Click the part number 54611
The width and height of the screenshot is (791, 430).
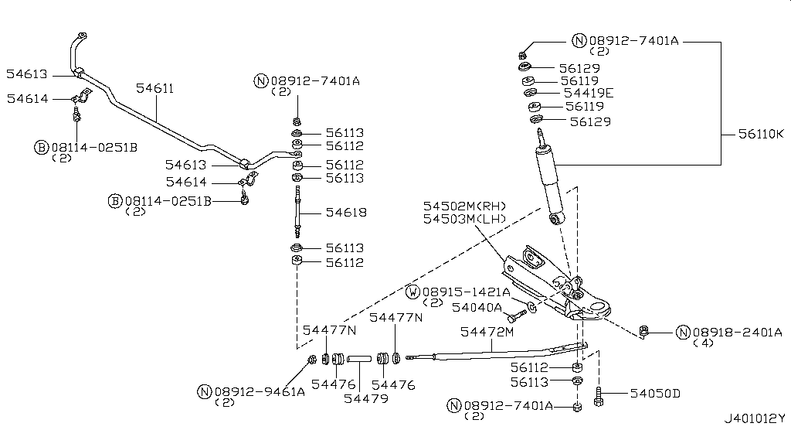(x=154, y=89)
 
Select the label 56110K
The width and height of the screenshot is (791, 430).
(x=755, y=134)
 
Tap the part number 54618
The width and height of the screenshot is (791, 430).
(x=345, y=213)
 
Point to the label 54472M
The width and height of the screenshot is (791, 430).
(x=487, y=332)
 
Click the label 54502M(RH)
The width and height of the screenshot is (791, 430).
(x=463, y=206)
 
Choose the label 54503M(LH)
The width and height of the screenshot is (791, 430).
(x=463, y=220)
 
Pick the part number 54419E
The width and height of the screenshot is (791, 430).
(x=589, y=93)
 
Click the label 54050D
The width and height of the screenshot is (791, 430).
(x=655, y=394)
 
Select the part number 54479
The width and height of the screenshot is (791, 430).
(x=366, y=398)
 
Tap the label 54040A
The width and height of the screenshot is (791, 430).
(x=477, y=308)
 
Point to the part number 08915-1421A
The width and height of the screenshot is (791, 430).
(x=466, y=292)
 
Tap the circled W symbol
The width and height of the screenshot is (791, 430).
(x=413, y=292)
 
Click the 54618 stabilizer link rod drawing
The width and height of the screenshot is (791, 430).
(x=297, y=213)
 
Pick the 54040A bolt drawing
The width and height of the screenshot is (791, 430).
(x=518, y=314)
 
